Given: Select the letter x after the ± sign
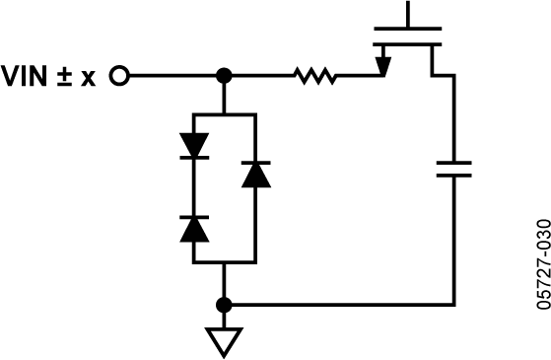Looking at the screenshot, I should click(x=89, y=77).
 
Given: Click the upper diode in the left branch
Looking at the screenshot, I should click(x=194, y=144).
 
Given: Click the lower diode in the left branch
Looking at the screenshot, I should click(x=194, y=228).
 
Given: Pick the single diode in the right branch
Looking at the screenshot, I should click(x=255, y=175).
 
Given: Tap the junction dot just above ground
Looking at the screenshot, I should click(x=224, y=304).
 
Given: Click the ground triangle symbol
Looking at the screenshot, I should click(x=224, y=341).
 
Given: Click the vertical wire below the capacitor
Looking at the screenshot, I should click(x=453, y=242).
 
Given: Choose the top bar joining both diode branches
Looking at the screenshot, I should click(x=225, y=114).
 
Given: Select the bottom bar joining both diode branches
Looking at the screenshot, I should click(x=225, y=262).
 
